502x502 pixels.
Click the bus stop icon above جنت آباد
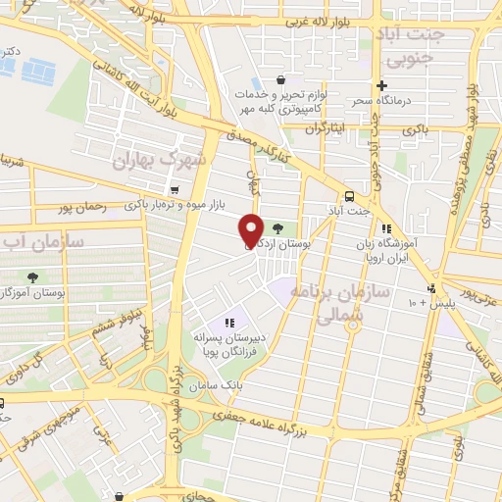(350, 194)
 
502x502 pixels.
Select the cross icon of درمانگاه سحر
(382, 86)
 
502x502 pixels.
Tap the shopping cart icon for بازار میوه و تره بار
(174, 190)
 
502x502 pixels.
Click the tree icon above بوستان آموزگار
(34, 276)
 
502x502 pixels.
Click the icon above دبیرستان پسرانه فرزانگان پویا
(229, 322)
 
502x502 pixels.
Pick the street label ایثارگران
(326, 128)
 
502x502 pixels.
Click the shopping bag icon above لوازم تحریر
(281, 80)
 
